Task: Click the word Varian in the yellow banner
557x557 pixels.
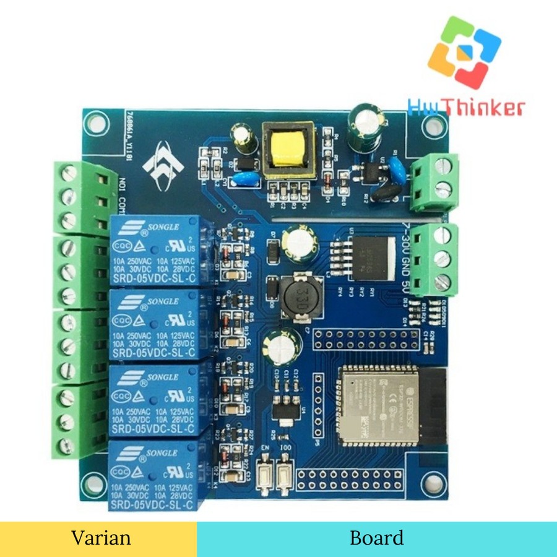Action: pyautogui.click(x=101, y=537)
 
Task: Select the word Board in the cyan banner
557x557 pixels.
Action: pyautogui.click(x=376, y=537)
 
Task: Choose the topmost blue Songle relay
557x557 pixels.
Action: pyautogui.click(x=154, y=247)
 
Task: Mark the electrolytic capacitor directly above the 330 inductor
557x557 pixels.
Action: pyautogui.click(x=291, y=242)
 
